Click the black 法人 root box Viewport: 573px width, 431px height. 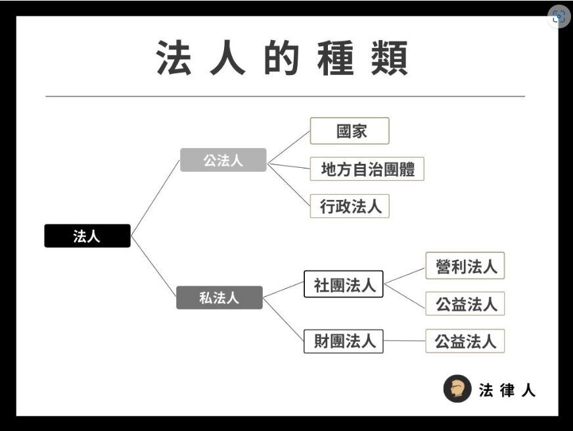[x=87, y=236]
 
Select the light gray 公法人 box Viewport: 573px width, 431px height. [x=223, y=160]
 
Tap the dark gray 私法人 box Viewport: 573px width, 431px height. [x=219, y=297]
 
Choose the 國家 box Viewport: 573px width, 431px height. [x=350, y=131]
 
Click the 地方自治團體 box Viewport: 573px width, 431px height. [x=367, y=169]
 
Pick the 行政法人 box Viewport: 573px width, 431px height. [x=350, y=207]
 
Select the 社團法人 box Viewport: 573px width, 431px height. [x=344, y=284]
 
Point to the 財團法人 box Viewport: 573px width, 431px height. [x=344, y=341]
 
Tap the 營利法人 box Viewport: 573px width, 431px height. [x=465, y=266]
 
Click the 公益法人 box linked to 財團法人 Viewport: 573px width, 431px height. [x=465, y=341]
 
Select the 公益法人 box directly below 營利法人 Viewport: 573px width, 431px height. [x=465, y=303]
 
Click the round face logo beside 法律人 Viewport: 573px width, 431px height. [x=457, y=389]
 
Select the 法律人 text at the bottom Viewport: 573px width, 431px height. [x=507, y=390]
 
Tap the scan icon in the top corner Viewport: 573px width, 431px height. [x=559, y=17]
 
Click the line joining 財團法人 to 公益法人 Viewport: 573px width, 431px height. [x=404, y=341]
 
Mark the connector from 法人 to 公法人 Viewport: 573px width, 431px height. [x=155, y=197]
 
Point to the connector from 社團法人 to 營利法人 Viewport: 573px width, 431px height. [x=404, y=275]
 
